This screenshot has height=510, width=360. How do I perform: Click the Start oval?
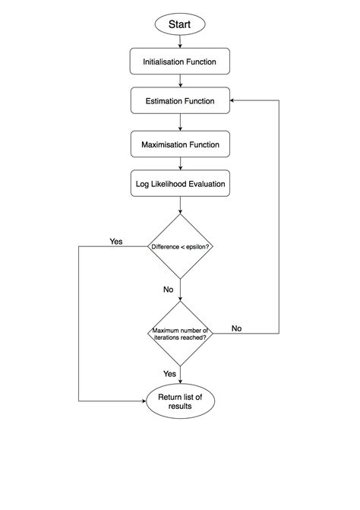click(x=180, y=24)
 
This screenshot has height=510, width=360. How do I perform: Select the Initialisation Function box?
click(x=180, y=61)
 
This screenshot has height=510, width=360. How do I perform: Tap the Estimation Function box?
click(x=180, y=101)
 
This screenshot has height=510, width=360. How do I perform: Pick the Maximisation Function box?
click(x=180, y=144)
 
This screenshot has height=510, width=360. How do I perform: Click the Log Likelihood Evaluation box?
click(x=180, y=184)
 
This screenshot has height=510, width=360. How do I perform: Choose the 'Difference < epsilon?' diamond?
click(x=180, y=246)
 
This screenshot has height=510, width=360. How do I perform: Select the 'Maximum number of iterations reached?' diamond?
click(x=180, y=333)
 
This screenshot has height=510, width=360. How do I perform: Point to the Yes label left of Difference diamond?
click(x=115, y=242)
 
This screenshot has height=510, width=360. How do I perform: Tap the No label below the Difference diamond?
click(x=169, y=290)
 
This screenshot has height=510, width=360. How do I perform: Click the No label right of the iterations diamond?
click(x=236, y=328)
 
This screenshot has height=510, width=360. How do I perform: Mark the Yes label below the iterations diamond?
click(x=169, y=374)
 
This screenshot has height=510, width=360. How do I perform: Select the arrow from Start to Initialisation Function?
click(x=180, y=42)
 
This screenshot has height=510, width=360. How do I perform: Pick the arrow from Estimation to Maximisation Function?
click(x=180, y=122)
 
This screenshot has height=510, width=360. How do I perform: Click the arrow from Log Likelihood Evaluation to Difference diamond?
click(x=180, y=205)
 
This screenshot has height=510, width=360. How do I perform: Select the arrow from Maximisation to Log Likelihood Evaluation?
click(x=180, y=163)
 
